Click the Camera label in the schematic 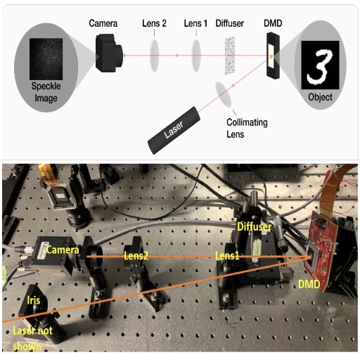click(103, 23)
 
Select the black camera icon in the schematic click(109, 53)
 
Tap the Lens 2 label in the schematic click(154, 23)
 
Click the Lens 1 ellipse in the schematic click(196, 56)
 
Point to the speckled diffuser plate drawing click(230, 56)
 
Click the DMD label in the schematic click(273, 23)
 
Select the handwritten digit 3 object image click(320, 65)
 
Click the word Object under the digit click(320, 97)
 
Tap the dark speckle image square click(46, 59)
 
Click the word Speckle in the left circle click(46, 86)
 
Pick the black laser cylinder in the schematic click(174, 130)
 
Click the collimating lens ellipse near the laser click(224, 94)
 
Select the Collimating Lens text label click(247, 128)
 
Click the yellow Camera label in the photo click(63, 250)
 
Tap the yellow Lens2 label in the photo click(136, 256)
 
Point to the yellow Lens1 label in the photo click(227, 256)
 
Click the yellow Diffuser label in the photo click(255, 227)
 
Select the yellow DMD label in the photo click(309, 285)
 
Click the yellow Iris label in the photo click(34, 300)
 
